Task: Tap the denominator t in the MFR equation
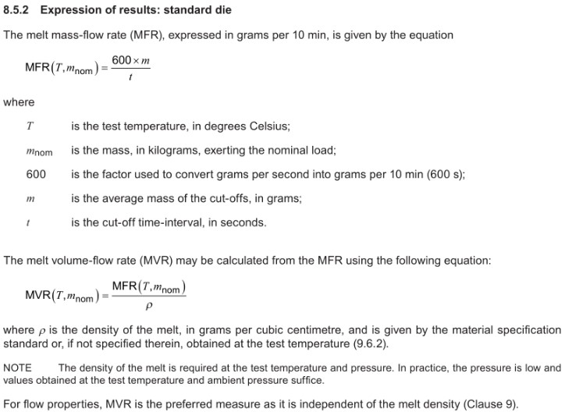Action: point(130,77)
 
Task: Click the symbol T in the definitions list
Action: point(30,126)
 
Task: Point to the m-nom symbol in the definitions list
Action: point(39,151)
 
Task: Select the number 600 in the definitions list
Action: point(36,175)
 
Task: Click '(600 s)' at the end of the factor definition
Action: point(445,175)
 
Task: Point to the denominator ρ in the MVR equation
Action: point(148,306)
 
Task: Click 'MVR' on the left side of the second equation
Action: point(37,295)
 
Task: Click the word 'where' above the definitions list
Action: point(20,102)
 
